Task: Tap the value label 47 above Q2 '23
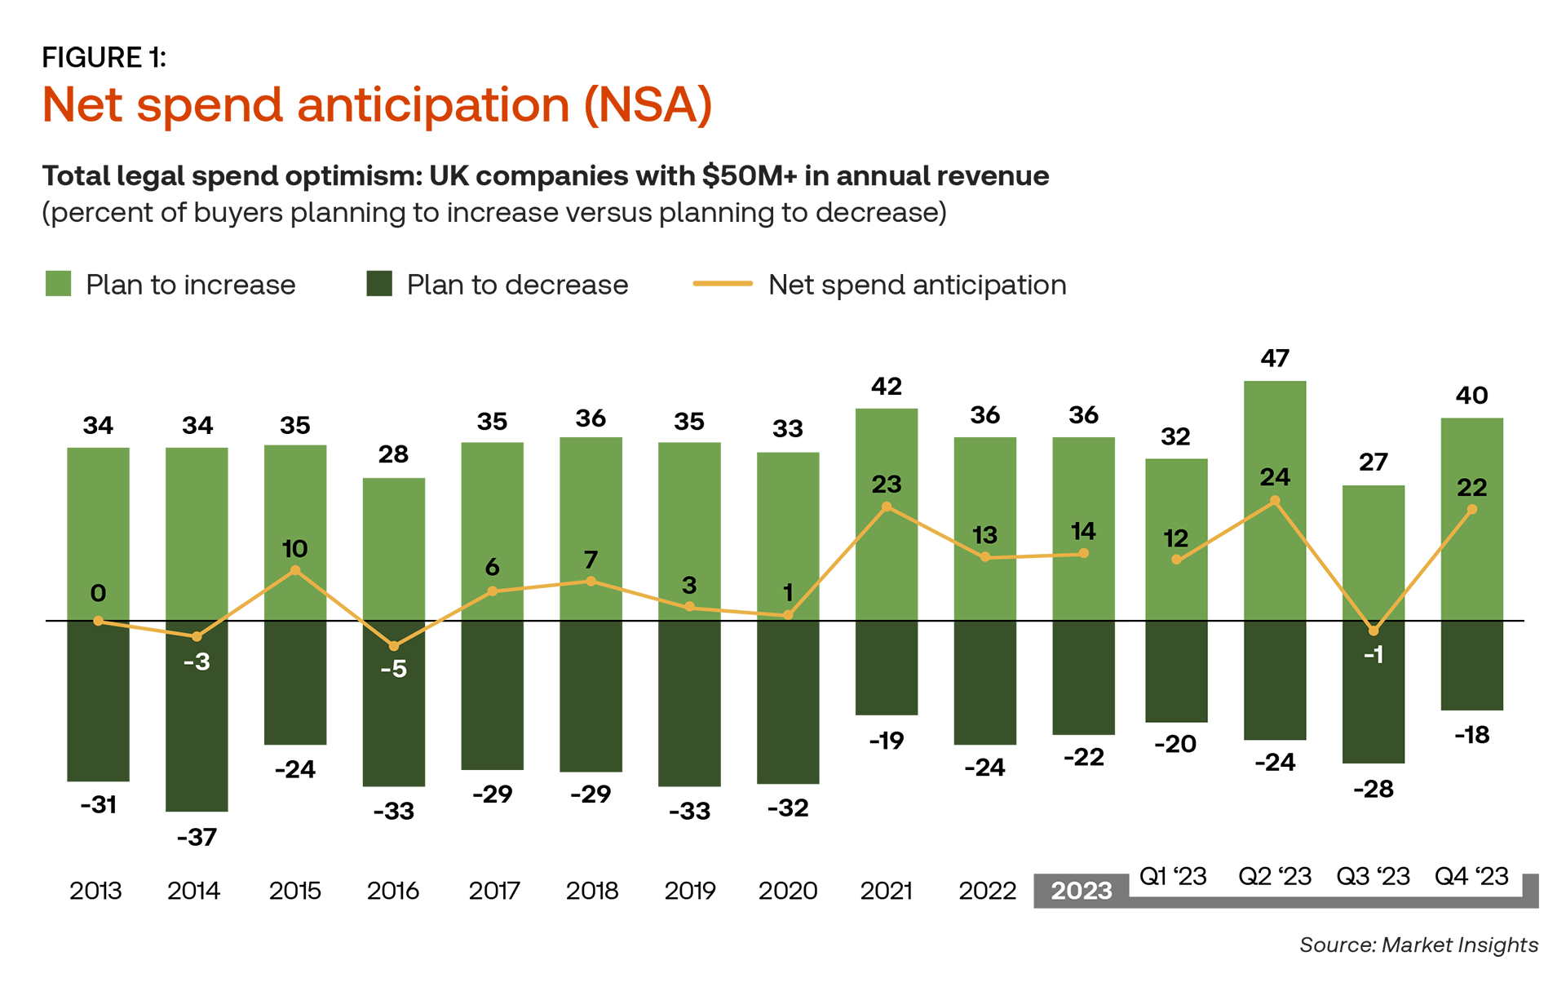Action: pos(1275,358)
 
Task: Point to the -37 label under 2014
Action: pos(197,837)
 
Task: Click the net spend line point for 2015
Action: pos(295,571)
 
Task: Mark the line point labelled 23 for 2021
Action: pos(887,507)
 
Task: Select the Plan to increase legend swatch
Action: pos(58,284)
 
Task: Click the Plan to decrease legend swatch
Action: pos(379,284)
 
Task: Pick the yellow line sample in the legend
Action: pos(722,284)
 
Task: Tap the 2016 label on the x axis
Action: pos(393,890)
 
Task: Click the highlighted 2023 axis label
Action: pos(1082,890)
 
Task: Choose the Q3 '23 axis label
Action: pos(1373,876)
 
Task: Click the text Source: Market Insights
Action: pos(1418,945)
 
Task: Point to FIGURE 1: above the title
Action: pos(104,58)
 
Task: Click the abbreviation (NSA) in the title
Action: pos(648,105)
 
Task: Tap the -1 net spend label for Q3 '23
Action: pos(1374,655)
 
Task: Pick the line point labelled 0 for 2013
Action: pos(99,621)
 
